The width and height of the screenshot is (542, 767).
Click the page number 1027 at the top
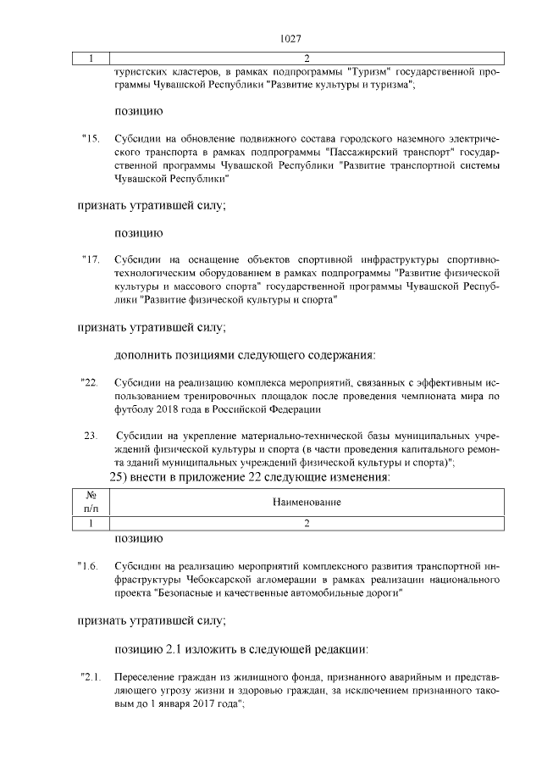coord(290,39)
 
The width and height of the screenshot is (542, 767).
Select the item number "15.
coord(91,137)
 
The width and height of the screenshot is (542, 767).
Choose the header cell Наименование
coord(307,503)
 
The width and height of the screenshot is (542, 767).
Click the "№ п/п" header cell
coord(91,503)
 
